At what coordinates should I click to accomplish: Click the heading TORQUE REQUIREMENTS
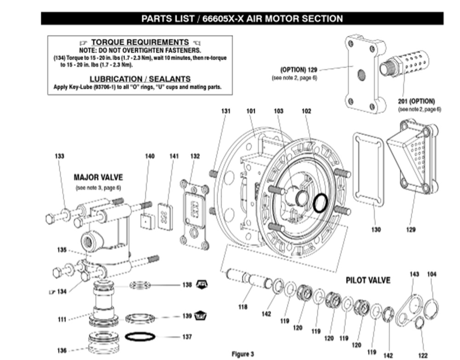140,42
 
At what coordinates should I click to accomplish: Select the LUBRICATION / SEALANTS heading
140,79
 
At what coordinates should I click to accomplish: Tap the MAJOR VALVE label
98,177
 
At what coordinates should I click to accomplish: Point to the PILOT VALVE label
368,280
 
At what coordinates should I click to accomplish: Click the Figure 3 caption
242,354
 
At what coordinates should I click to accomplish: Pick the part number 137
187,337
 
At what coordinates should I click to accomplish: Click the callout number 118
243,307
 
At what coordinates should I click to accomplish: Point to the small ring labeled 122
420,324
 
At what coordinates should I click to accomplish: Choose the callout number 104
431,274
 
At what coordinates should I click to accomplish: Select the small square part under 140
147,222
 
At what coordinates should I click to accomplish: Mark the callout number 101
251,111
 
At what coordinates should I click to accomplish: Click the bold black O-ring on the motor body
320,203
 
